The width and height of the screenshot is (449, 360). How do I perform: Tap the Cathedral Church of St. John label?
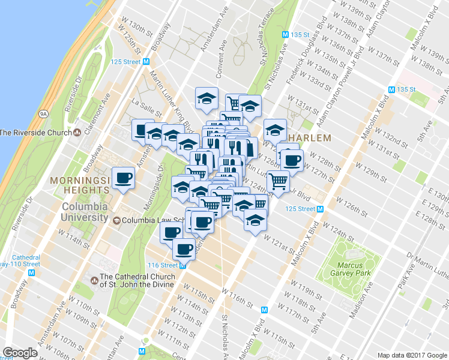tap(137, 281)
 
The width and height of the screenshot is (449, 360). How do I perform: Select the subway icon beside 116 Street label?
tap(183, 265)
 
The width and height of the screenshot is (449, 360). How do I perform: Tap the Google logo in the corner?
tap(20, 353)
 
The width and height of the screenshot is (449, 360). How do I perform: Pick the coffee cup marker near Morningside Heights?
tap(123, 178)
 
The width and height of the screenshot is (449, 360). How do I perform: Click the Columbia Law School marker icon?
tap(116, 220)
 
